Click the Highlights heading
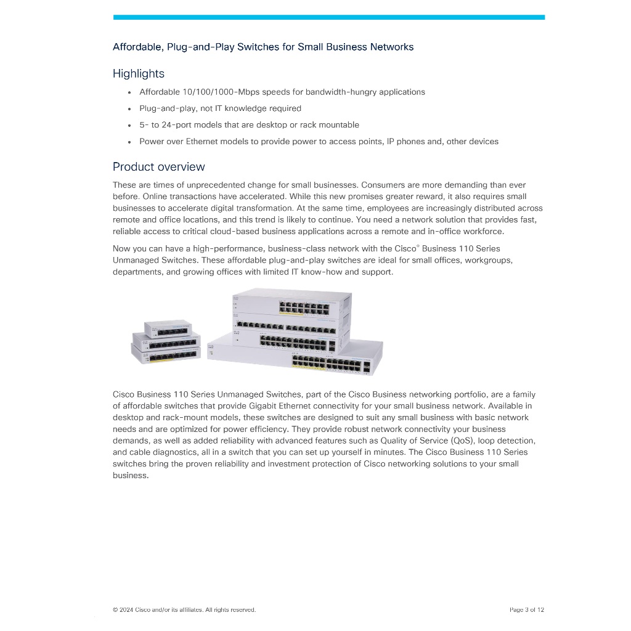coord(139,74)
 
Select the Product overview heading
coord(159,167)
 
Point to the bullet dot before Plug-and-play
coord(129,109)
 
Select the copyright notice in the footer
coord(184,610)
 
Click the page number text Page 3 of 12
coord(527,610)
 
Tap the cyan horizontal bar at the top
coord(329,17)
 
